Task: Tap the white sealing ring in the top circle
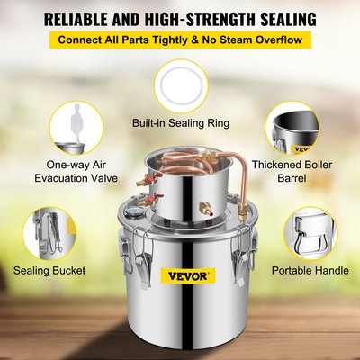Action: pos(180,85)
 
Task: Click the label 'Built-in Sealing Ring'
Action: pos(180,121)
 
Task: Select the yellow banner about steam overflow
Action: pos(180,40)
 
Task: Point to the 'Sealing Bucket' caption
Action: pos(49,269)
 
